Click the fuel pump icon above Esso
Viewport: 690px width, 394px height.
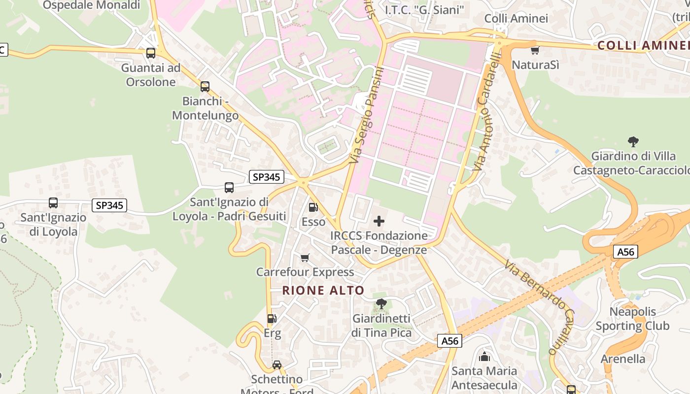click(x=313, y=207)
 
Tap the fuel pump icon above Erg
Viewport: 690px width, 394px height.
click(x=272, y=319)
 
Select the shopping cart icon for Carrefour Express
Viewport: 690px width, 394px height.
click(x=305, y=258)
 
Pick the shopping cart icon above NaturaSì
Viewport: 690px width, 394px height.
click(x=535, y=50)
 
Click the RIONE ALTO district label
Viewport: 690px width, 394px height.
click(x=323, y=291)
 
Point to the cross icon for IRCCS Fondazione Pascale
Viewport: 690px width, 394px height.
click(x=379, y=221)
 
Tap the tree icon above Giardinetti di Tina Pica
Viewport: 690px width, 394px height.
click(x=381, y=304)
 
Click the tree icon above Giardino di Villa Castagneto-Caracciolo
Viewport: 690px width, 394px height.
click(x=633, y=142)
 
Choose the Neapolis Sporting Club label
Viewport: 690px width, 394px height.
click(x=632, y=319)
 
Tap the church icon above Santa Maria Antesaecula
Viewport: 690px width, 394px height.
click(x=484, y=357)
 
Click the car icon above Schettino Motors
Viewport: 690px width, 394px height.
click(x=277, y=365)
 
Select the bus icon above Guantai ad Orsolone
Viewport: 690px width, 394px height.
click(x=151, y=53)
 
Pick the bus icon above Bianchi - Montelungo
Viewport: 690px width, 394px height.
click(x=205, y=87)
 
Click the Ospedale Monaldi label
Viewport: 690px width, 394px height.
click(x=92, y=5)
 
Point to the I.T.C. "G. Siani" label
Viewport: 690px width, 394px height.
click(x=424, y=10)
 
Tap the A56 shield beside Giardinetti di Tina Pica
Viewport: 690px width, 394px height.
click(x=449, y=341)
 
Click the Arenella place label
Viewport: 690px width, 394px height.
click(x=623, y=359)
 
